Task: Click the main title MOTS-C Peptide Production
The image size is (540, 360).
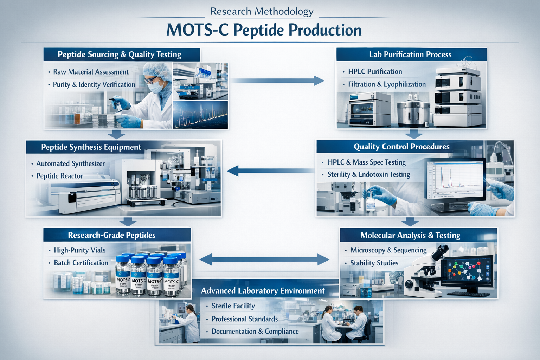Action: (x=264, y=30)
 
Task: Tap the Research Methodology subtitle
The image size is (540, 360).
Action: (x=262, y=12)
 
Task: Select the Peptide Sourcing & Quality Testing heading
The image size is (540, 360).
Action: (x=119, y=54)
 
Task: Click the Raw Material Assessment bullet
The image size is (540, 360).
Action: (x=91, y=72)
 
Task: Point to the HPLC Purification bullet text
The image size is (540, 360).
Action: (x=375, y=72)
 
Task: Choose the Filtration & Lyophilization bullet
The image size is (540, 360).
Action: (x=387, y=84)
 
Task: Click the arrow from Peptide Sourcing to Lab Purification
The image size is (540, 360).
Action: (x=278, y=81)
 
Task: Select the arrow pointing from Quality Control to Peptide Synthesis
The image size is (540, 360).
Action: (x=271, y=171)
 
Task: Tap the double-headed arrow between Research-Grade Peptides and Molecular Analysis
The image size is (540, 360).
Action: (x=264, y=260)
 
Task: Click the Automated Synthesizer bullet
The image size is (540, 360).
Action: (x=70, y=164)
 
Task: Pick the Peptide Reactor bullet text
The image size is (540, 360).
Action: (x=59, y=176)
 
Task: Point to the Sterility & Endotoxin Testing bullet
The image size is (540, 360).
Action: (x=368, y=175)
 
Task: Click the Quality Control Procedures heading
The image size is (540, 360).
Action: (x=401, y=147)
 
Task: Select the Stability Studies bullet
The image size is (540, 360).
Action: (x=374, y=263)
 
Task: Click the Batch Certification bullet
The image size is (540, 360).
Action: (x=81, y=263)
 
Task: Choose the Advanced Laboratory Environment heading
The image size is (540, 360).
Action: (x=263, y=291)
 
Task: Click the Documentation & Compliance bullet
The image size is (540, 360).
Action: (x=255, y=332)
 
